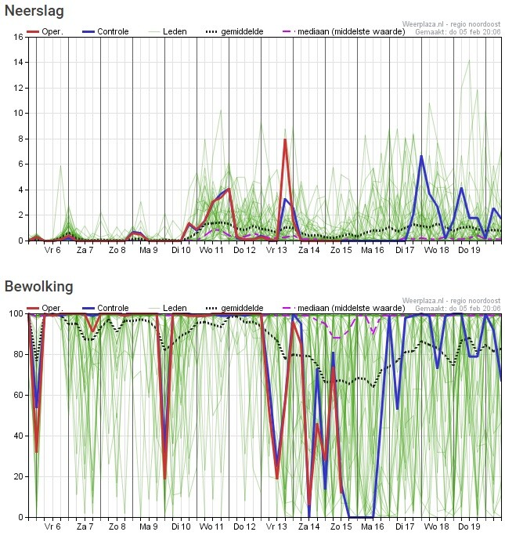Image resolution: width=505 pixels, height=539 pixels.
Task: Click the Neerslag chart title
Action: (x=34, y=12)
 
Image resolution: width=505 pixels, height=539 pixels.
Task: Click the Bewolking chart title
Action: (x=38, y=287)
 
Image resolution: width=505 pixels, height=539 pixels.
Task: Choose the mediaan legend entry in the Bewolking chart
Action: (x=326, y=308)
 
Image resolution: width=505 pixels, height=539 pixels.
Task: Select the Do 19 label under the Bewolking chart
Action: (x=469, y=527)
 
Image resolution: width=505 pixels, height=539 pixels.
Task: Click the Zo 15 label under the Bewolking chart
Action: (x=341, y=527)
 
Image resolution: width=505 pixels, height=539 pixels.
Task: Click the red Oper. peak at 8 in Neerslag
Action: (x=285, y=139)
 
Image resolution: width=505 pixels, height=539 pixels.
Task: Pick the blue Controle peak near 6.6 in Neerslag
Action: (x=421, y=156)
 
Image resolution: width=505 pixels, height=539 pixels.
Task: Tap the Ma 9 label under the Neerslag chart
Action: (x=149, y=251)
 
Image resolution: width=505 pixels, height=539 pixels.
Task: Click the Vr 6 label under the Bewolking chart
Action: (x=52, y=527)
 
